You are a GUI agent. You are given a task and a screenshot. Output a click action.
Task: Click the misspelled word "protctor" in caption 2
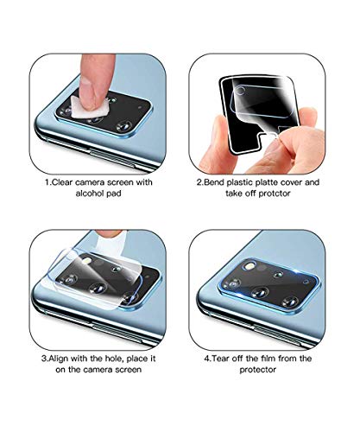[273, 194]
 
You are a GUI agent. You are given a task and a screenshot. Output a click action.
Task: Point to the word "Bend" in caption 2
[214, 182]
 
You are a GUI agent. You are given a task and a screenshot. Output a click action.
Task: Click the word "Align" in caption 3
[59, 359]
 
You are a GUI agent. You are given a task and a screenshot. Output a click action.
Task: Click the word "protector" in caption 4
[257, 370]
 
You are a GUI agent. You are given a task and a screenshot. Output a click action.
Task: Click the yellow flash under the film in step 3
[87, 261]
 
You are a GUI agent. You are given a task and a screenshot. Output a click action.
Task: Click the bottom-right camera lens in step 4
[290, 302]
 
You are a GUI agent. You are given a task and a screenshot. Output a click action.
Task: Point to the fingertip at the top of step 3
[109, 233]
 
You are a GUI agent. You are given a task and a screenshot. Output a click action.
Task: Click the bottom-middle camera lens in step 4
[260, 293]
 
